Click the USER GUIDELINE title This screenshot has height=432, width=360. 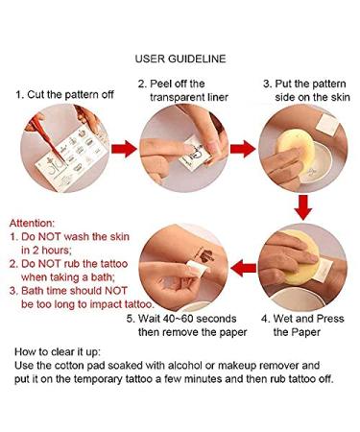(x=180, y=59)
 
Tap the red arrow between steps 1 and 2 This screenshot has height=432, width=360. (x=124, y=149)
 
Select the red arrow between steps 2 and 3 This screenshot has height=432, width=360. (x=243, y=149)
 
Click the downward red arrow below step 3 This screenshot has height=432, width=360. (x=302, y=207)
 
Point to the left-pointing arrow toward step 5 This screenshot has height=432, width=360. (x=243, y=268)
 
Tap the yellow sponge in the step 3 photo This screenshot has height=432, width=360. (x=296, y=148)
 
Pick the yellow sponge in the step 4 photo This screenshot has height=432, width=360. (x=300, y=257)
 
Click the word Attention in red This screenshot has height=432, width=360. (x=32, y=223)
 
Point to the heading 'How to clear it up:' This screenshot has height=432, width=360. (x=58, y=352)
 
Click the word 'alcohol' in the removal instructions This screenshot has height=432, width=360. (x=185, y=366)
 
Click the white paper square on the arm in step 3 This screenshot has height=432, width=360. (x=327, y=124)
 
